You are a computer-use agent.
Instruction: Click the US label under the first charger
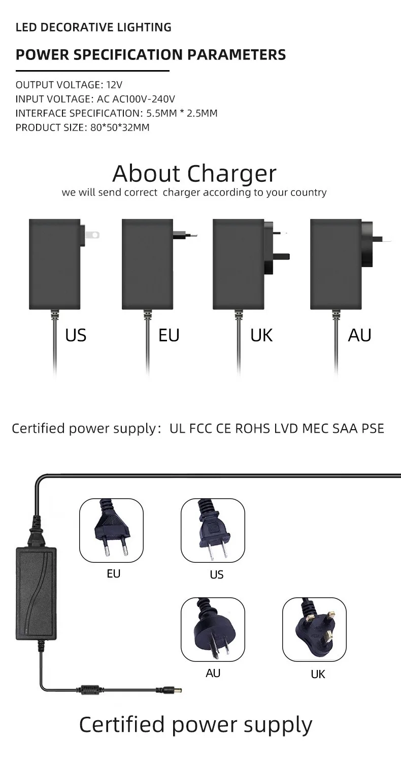point(76,335)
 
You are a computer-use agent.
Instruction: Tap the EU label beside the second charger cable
point(169,335)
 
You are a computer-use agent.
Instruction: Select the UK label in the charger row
point(261,335)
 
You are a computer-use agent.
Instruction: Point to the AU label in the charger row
point(359,335)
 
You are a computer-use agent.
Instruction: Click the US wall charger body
point(55,264)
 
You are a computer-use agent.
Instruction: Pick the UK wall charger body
point(239,264)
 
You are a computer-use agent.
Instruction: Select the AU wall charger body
point(336,264)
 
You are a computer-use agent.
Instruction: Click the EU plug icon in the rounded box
point(111,530)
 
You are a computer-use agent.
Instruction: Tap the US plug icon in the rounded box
point(213,530)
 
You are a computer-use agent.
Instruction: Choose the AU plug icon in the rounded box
point(213,630)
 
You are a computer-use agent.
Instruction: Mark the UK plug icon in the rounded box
point(314,630)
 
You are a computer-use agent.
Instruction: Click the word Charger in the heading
point(232,174)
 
